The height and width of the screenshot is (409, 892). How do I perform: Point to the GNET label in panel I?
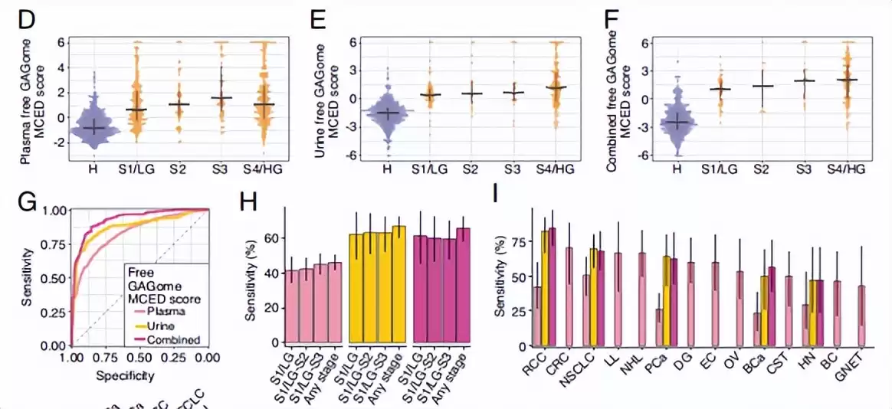tap(853, 369)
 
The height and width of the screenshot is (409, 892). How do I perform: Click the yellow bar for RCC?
tap(546, 287)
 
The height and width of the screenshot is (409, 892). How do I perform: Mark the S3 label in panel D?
tap(221, 169)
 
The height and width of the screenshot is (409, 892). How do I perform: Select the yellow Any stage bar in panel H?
tap(399, 284)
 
